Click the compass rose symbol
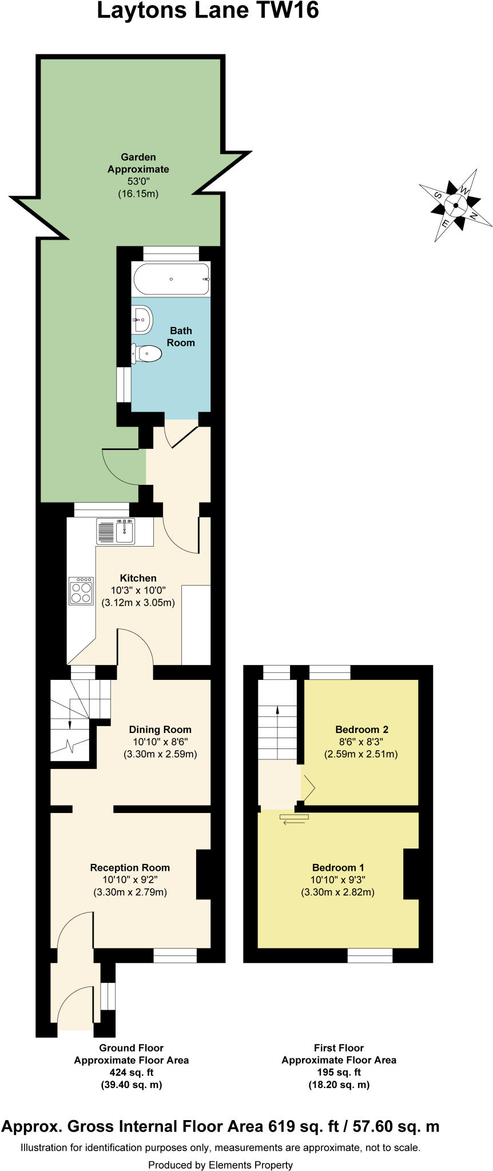click(x=456, y=206)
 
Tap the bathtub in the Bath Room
click(x=171, y=279)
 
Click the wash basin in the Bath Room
click(x=142, y=320)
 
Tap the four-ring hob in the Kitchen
click(x=81, y=591)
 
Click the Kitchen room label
click(x=138, y=578)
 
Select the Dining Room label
click(x=160, y=730)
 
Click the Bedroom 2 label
click(x=361, y=730)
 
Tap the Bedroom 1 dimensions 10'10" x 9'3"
click(x=337, y=880)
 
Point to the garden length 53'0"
click(x=138, y=182)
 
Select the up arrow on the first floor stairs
click(x=277, y=711)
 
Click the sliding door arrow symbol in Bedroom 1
click(x=294, y=819)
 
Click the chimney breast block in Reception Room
click(x=204, y=874)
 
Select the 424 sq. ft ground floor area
click(x=131, y=1072)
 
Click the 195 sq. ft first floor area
click(x=339, y=1072)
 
